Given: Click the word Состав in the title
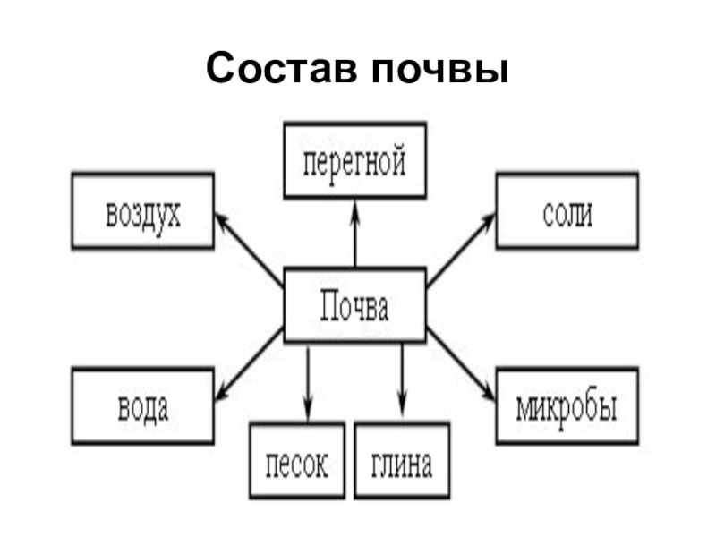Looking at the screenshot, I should tap(278, 70).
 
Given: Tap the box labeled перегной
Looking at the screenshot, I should tap(354, 161).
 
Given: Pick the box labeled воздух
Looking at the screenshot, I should tap(142, 211).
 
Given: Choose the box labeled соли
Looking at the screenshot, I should tap(567, 211).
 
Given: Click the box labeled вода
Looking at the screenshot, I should tap(142, 405).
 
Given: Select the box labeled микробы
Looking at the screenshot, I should tap(567, 405).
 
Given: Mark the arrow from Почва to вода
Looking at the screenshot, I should tap(249, 362).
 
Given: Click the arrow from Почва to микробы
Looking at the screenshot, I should tap(461, 362).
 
